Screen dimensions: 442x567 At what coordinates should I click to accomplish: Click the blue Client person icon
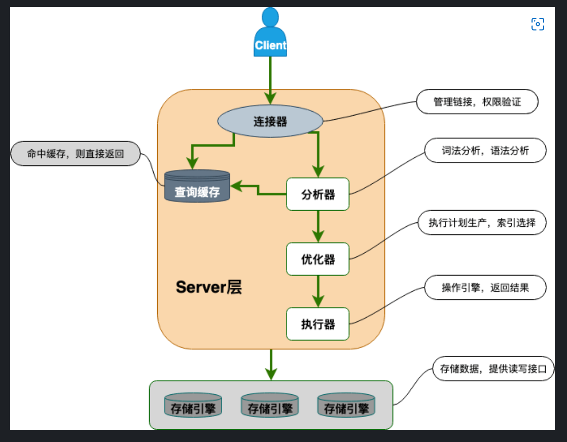coord(270,33)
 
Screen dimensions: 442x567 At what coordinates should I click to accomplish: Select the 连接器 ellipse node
coord(270,121)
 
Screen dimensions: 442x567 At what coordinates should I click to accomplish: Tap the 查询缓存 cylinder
coord(197,187)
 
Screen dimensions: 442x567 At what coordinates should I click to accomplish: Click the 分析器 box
coord(318,194)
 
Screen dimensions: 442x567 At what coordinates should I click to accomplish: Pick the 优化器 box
coord(318,259)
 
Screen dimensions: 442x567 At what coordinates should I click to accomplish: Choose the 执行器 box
coord(318,324)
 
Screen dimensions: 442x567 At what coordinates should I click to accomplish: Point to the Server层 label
coord(209,287)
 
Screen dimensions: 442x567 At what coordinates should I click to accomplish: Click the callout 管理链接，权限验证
coord(477,102)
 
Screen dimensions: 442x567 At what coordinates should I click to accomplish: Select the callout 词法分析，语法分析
coord(485,150)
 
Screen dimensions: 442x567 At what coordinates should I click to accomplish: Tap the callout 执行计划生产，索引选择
coord(482,223)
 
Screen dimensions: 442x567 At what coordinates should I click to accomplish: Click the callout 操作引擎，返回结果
coord(485,288)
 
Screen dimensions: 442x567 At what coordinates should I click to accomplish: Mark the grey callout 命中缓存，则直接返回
coord(75,153)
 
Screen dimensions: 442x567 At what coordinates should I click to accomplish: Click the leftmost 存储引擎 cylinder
coord(193,405)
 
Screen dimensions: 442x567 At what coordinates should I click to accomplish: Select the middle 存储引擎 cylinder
coord(270,405)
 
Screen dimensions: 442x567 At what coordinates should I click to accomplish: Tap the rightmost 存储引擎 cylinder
coord(346,405)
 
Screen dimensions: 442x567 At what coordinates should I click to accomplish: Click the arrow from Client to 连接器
coord(270,76)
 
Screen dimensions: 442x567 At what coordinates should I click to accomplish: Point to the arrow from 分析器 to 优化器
coord(318,226)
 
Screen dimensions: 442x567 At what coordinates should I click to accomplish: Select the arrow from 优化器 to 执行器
coord(318,291)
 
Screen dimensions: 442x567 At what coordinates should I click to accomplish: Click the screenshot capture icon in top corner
coord(538,24)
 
